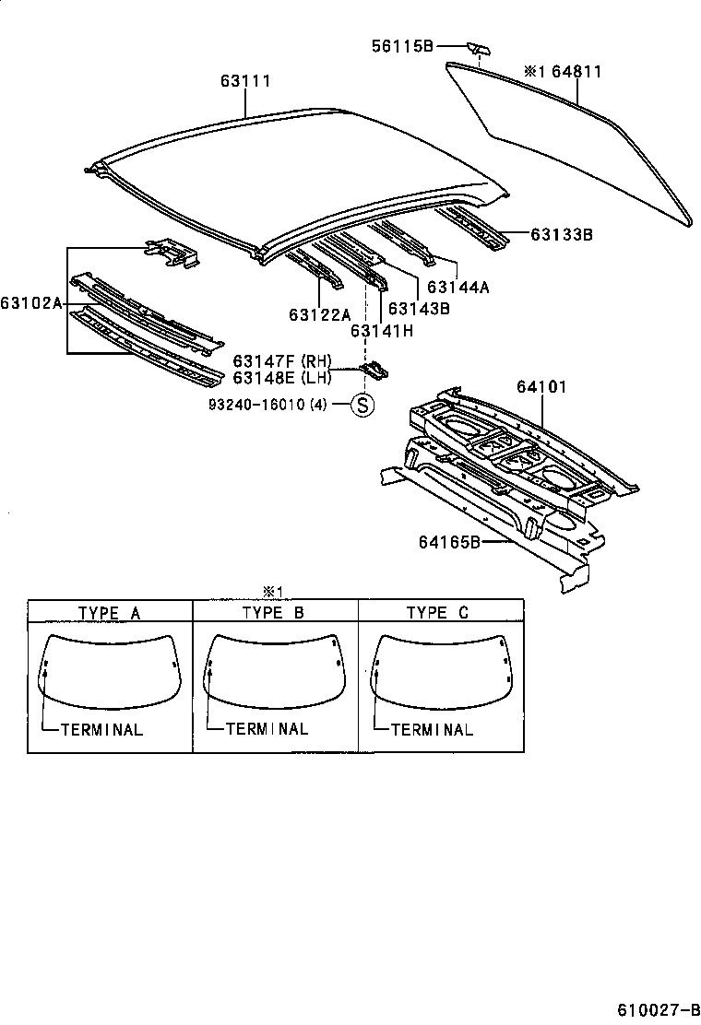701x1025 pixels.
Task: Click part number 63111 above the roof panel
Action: point(245,81)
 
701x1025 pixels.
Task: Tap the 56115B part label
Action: point(402,45)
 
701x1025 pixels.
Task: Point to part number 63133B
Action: point(561,235)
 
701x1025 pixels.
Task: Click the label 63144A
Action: point(457,287)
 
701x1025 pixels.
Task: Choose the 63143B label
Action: point(419,309)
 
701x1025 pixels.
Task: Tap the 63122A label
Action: point(320,314)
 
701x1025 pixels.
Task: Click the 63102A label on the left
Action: point(31,302)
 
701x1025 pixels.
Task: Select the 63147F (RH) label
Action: point(281,361)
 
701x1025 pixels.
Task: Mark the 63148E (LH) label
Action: point(281,378)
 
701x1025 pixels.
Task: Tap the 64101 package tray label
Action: point(541,386)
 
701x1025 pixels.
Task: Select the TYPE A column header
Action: point(109,612)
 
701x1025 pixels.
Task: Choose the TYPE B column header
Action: point(273,612)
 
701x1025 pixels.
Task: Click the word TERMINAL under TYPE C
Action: point(432,729)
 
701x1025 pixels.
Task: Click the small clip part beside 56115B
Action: point(478,49)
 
